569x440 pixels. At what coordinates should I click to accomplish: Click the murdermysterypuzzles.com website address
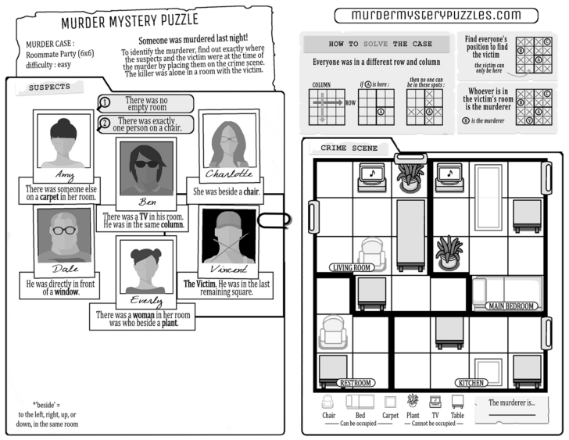pyautogui.click(x=435, y=15)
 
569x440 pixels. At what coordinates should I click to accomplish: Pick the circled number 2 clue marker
pyautogui.click(x=105, y=122)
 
